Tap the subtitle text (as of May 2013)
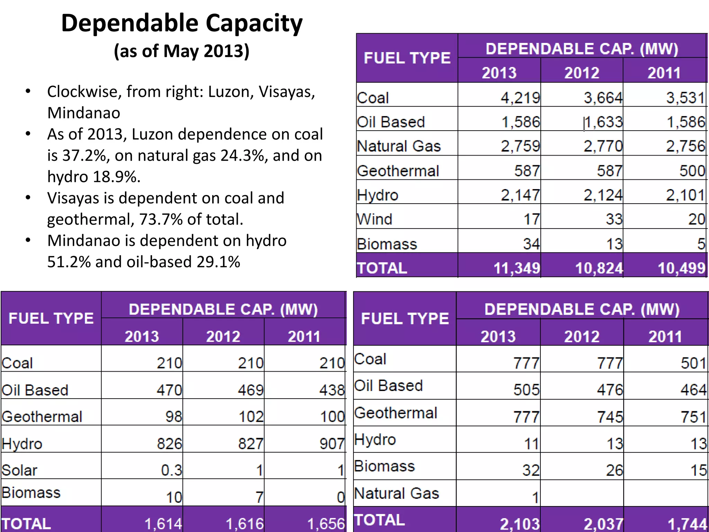pyautogui.click(x=181, y=51)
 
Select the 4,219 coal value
pyautogui.click(x=520, y=98)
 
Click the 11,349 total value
pyautogui.click(x=517, y=268)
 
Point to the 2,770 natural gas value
pyautogui.click(x=603, y=146)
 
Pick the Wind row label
pyautogui.click(x=375, y=219)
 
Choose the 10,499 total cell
pyautogui.click(x=681, y=268)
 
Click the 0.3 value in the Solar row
pyautogui.click(x=171, y=470)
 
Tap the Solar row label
pyautogui.click(x=19, y=470)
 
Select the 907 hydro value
pyautogui.click(x=332, y=444)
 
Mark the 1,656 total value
pyautogui.click(x=326, y=524)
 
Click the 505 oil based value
pyautogui.click(x=526, y=390)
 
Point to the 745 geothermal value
pyautogui.click(x=610, y=417)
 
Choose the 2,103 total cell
pyautogui.click(x=520, y=524)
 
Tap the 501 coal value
pyautogui.click(x=693, y=363)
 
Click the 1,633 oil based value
pyautogui.click(x=603, y=122)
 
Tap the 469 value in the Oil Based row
pyautogui.click(x=251, y=390)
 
